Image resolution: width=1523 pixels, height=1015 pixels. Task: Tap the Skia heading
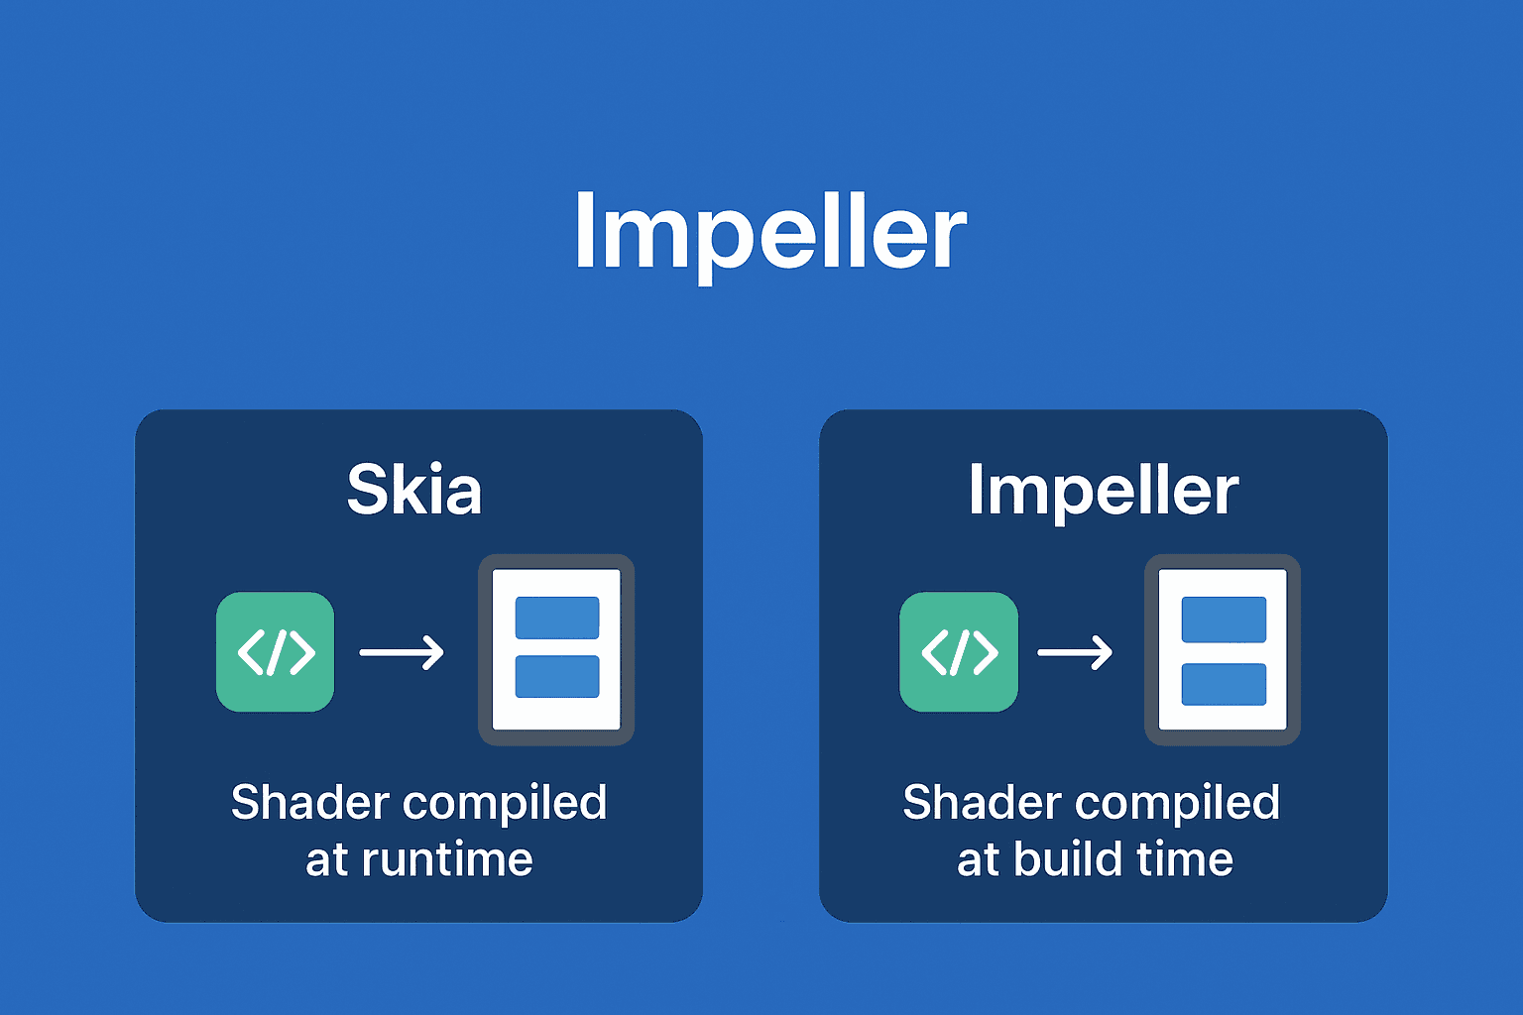(414, 490)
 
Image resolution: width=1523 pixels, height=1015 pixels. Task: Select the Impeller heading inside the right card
(1103, 490)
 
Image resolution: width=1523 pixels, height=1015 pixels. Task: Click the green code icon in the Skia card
(276, 652)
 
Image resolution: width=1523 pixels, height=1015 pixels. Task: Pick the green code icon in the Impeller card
(959, 652)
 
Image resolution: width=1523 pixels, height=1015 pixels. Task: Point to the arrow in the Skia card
(402, 652)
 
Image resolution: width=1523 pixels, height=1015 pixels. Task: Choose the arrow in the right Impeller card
(1075, 652)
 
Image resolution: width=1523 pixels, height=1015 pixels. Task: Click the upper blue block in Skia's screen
(557, 618)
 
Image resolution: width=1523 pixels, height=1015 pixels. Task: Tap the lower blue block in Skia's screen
(557, 676)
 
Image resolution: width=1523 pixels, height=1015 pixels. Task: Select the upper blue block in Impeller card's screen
(1224, 620)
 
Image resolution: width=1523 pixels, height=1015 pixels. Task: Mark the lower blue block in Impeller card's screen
(1224, 684)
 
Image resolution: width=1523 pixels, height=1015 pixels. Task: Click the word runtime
(447, 859)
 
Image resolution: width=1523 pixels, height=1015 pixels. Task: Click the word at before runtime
(326, 860)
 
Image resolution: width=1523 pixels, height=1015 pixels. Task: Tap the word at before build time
(977, 860)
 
